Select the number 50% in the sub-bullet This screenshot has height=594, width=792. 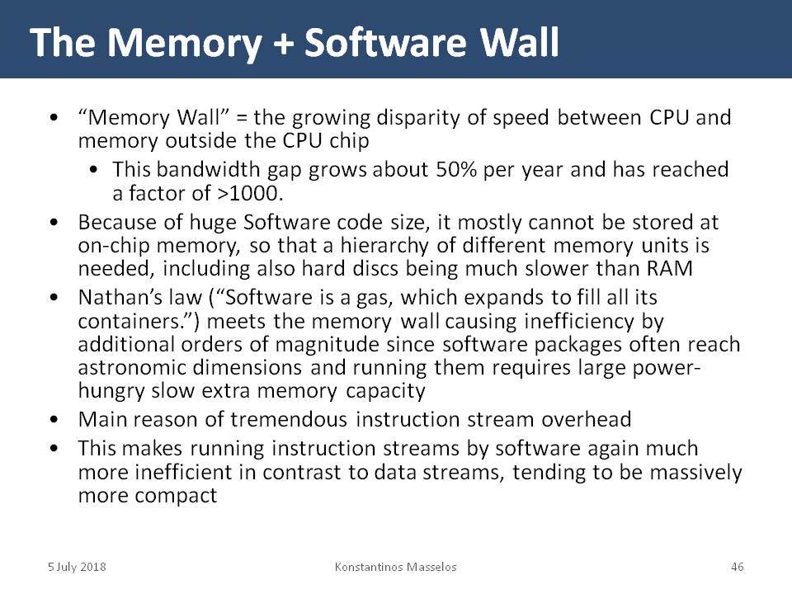(455, 169)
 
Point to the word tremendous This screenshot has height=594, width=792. (289, 419)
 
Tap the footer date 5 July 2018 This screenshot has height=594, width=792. (77, 567)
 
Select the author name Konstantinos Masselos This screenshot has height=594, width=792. (395, 567)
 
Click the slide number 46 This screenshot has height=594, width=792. (737, 567)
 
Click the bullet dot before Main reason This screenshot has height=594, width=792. (54, 420)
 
